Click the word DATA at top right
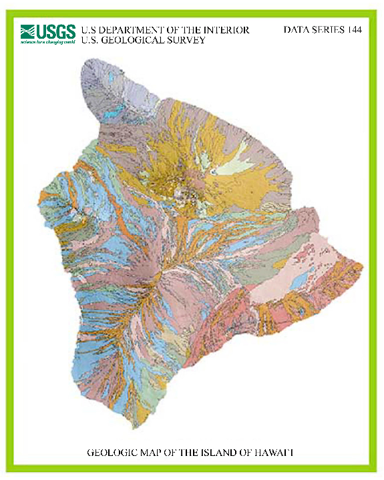click(x=296, y=30)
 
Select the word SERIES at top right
click(x=329, y=30)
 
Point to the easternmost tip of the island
click(x=363, y=266)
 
